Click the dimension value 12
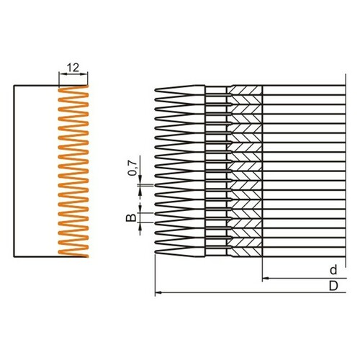(73, 68)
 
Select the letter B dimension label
(131, 218)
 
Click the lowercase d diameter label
(333, 270)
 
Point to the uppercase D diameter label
(333, 286)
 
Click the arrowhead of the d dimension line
(265, 279)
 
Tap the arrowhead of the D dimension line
(158, 292)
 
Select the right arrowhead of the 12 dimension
(85, 74)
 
